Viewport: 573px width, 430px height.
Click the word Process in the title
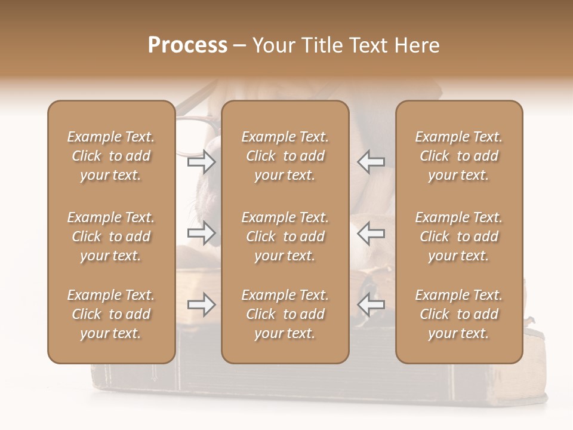pyautogui.click(x=187, y=45)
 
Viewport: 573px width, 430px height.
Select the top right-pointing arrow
pyautogui.click(x=201, y=162)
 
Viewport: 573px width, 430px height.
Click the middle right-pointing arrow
pyautogui.click(x=201, y=233)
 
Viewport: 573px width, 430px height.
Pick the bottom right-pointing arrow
pyautogui.click(x=201, y=305)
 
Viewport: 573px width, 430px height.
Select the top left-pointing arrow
pyautogui.click(x=371, y=162)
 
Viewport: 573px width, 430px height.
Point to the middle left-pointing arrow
pyautogui.click(x=371, y=233)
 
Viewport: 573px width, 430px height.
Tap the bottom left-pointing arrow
pyautogui.click(x=371, y=305)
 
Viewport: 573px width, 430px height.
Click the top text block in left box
pyautogui.click(x=111, y=156)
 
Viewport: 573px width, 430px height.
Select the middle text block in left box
pyautogui.click(x=111, y=236)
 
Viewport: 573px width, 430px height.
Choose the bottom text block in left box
pyautogui.click(x=111, y=314)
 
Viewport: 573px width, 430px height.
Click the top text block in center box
pyautogui.click(x=285, y=156)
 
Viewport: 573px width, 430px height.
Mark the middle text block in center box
pyautogui.click(x=285, y=236)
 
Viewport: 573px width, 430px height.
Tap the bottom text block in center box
pyautogui.click(x=285, y=314)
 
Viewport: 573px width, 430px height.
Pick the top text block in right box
pyautogui.click(x=458, y=156)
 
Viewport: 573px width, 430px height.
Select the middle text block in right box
pyautogui.click(x=458, y=236)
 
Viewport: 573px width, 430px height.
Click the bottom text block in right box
pyautogui.click(x=458, y=314)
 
